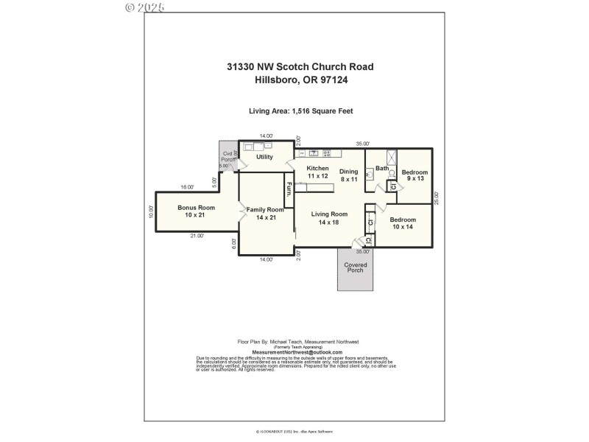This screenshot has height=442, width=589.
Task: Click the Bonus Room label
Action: (x=197, y=211)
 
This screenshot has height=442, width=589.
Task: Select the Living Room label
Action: (x=328, y=218)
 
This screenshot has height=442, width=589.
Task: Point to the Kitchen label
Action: (x=318, y=172)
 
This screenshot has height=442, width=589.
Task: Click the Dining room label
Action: (x=348, y=175)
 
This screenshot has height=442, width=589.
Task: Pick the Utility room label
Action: (x=264, y=157)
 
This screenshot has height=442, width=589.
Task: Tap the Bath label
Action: (x=381, y=169)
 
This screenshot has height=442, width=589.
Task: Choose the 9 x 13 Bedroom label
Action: (x=414, y=175)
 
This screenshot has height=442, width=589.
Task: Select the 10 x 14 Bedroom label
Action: (x=403, y=223)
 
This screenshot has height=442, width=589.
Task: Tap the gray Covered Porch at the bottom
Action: (x=356, y=269)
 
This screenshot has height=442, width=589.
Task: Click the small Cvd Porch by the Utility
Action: (x=228, y=157)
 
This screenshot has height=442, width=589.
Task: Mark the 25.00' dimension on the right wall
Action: (x=437, y=198)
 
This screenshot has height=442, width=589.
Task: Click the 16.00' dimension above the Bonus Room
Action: (x=187, y=187)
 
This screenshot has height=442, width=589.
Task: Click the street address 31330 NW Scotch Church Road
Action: (x=300, y=67)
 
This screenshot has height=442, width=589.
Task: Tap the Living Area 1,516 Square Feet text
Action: (x=300, y=111)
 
